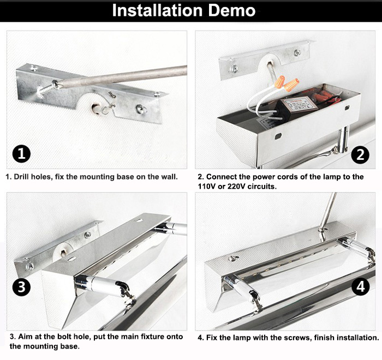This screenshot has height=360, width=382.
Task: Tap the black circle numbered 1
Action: (21, 154)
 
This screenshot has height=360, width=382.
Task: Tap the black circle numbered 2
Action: (360, 155)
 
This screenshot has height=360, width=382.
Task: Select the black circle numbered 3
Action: (21, 287)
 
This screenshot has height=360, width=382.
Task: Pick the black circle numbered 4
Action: (361, 286)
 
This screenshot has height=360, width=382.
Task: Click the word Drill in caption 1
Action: (21, 177)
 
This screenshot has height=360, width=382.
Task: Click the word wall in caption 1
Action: (169, 177)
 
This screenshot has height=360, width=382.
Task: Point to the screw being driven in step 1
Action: (47, 88)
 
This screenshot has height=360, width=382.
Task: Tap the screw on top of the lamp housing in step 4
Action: (233, 258)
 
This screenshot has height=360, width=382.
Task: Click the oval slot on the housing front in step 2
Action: (278, 136)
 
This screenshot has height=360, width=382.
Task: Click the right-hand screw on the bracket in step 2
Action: (297, 52)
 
